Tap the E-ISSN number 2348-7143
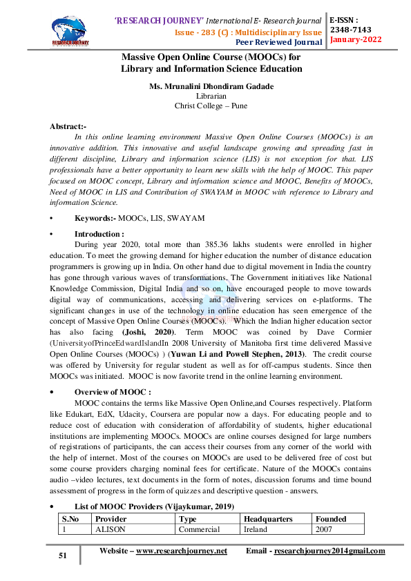[351, 30]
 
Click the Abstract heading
[68, 126]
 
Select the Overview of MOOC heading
[113, 392]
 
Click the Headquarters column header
[269, 519]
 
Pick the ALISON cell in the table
[109, 530]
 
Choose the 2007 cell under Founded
[324, 530]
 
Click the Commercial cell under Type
[199, 530]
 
